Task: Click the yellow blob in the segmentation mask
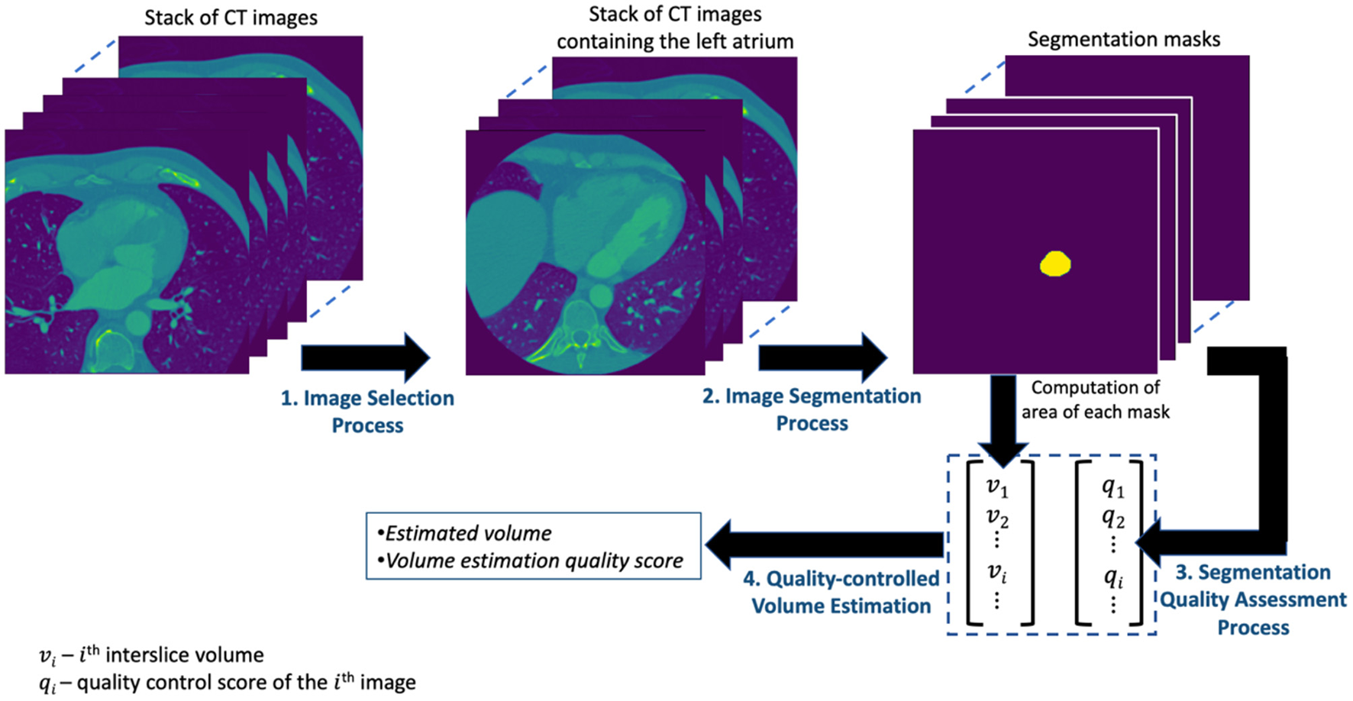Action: [x=1055, y=263]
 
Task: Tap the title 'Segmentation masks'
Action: [x=1123, y=40]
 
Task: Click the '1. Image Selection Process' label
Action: [x=367, y=411]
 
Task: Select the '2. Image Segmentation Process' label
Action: [x=812, y=409]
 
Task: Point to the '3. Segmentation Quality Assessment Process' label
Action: [x=1253, y=599]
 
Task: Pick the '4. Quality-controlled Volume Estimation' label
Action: [x=841, y=592]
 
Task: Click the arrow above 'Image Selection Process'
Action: [x=366, y=357]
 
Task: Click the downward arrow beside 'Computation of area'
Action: [x=1003, y=419]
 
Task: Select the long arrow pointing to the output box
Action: [x=824, y=544]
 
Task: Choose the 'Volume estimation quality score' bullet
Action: [x=534, y=561]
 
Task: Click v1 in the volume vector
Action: [x=997, y=487]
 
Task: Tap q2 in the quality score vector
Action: [x=1112, y=518]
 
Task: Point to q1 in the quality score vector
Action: [x=1112, y=487]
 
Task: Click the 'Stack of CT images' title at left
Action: [x=231, y=18]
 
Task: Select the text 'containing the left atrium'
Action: [x=675, y=41]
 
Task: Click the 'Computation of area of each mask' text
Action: [x=1095, y=400]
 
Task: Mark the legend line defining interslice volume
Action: [x=151, y=655]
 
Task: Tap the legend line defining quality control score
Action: [x=228, y=683]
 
